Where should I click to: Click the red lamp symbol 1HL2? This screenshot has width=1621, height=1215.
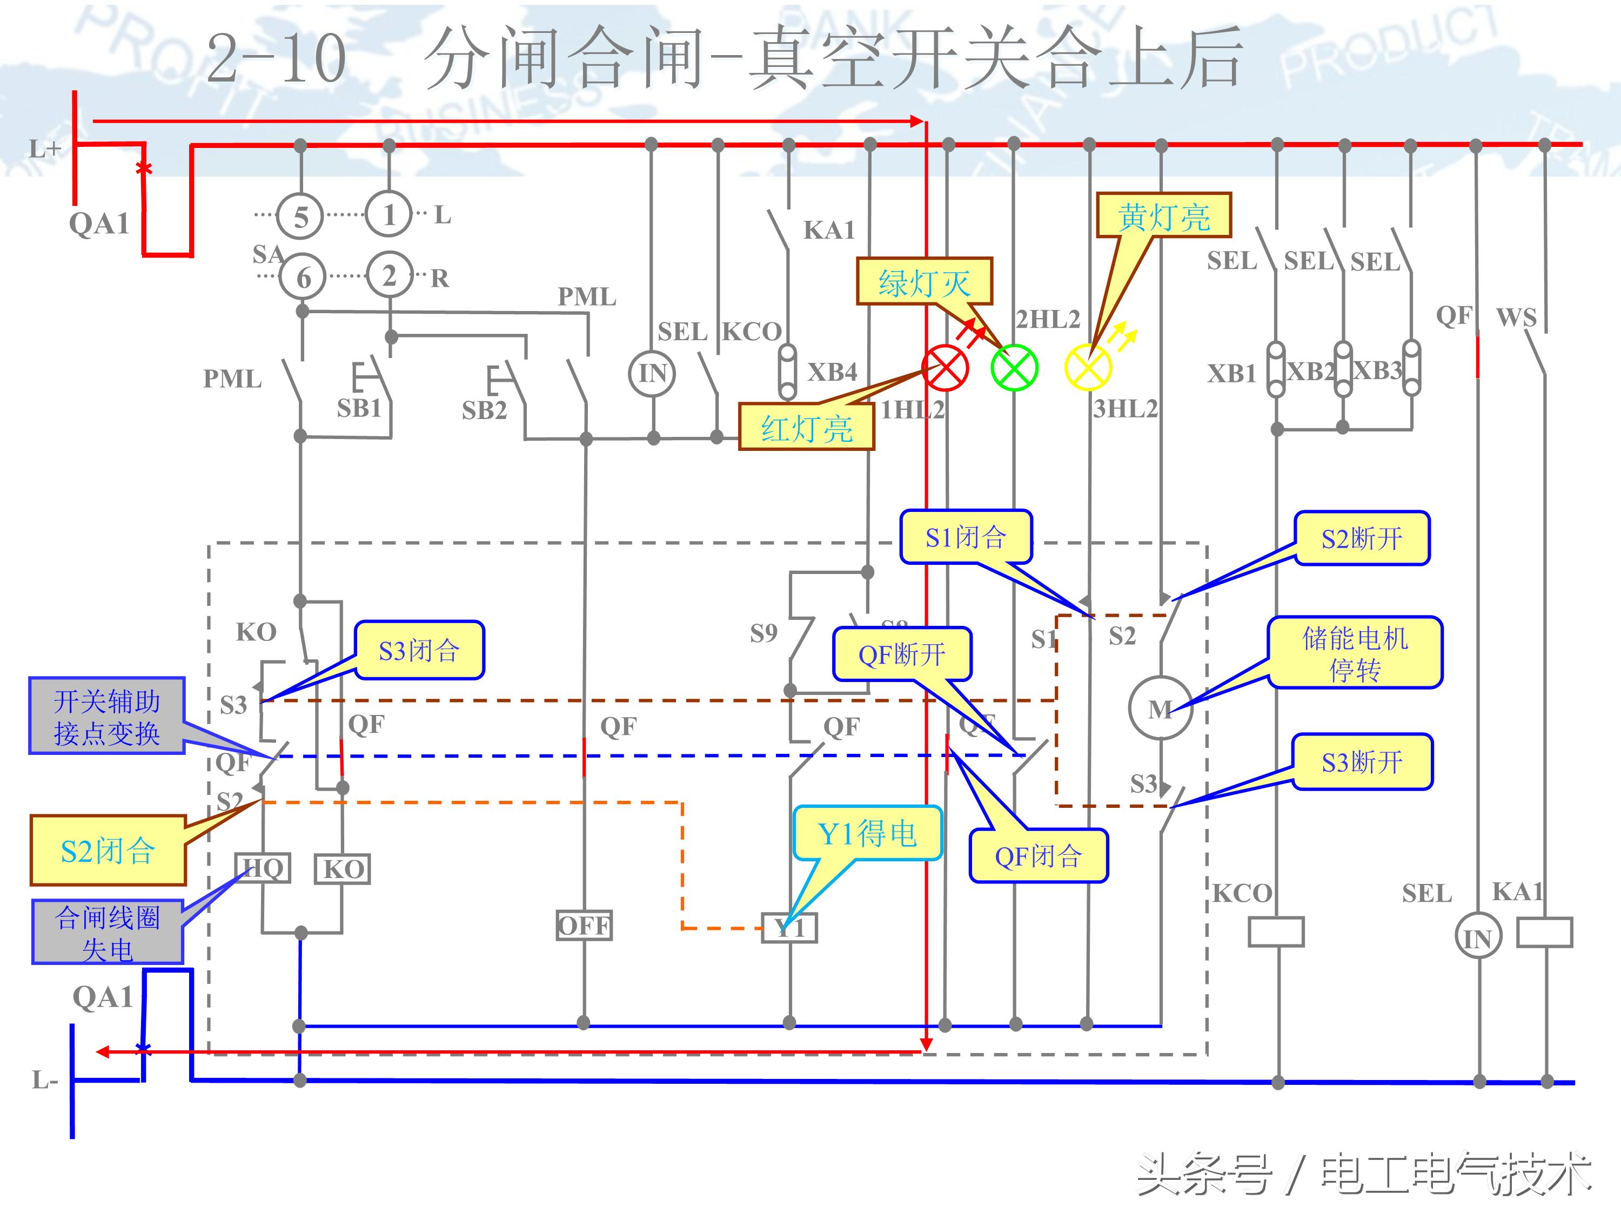pos(945,368)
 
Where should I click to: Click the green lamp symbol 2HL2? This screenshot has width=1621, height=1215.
pos(1014,368)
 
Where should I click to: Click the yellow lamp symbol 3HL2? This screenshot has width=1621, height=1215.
pos(1088,368)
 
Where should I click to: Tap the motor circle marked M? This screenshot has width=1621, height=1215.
pos(1160,708)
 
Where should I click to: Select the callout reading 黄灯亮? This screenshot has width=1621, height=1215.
pos(1163,216)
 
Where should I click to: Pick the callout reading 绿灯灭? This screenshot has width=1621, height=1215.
pos(924,281)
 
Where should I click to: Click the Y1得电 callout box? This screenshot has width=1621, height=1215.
pos(867,833)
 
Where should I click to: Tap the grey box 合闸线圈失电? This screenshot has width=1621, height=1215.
pos(108,932)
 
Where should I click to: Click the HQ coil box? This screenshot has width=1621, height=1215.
pos(263,868)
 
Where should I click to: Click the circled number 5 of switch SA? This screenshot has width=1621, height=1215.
pos(300,217)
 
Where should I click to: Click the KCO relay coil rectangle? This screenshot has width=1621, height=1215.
pos(1276,932)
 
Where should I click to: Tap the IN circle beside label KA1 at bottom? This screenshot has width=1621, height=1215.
pos(1477,937)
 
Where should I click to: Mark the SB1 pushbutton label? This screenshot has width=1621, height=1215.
pos(359,408)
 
